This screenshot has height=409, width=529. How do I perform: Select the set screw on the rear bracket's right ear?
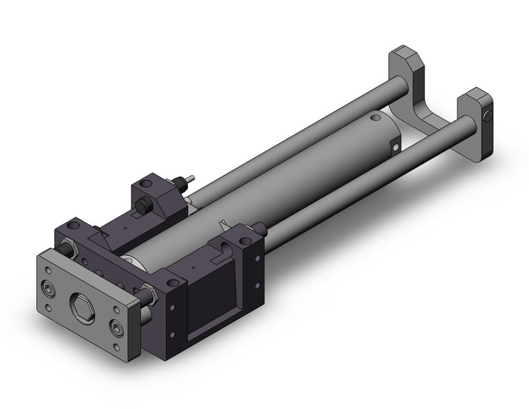click(491, 116)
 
